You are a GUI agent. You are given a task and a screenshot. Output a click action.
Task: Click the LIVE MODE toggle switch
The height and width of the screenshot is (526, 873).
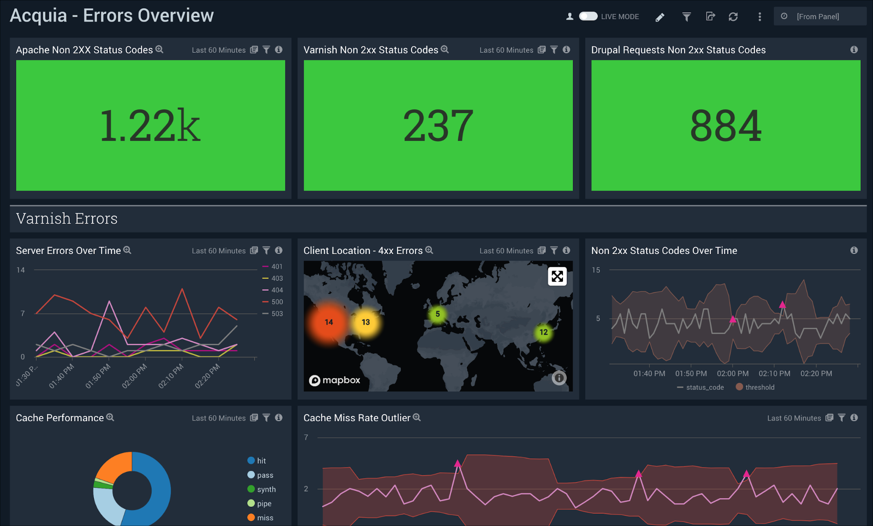pyautogui.click(x=588, y=16)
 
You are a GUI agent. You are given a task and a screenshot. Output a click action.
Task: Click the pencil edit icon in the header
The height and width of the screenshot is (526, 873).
pyautogui.click(x=660, y=17)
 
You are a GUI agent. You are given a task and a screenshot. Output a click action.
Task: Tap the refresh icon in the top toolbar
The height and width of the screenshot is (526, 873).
pyautogui.click(x=733, y=17)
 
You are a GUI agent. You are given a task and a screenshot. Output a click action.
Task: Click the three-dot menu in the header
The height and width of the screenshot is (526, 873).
pyautogui.click(x=759, y=17)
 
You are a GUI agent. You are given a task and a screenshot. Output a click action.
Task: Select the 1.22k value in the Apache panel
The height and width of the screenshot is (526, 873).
pyautogui.click(x=150, y=126)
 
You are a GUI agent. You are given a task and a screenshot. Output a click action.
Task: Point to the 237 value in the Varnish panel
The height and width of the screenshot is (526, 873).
pyautogui.click(x=438, y=126)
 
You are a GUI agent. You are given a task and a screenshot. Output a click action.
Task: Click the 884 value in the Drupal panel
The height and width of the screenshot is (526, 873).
pyautogui.click(x=725, y=126)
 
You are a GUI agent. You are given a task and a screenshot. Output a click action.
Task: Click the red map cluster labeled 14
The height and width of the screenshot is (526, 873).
pyautogui.click(x=329, y=322)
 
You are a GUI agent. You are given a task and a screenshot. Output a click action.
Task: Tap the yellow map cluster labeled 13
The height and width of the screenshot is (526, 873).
pyautogui.click(x=366, y=322)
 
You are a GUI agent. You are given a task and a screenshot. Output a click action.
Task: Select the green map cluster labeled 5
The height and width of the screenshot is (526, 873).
pyautogui.click(x=438, y=314)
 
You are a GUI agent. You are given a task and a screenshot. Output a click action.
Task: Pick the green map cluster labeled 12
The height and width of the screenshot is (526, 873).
pyautogui.click(x=543, y=332)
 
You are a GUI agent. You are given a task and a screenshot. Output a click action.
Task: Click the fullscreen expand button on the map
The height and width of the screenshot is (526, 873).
pyautogui.click(x=557, y=276)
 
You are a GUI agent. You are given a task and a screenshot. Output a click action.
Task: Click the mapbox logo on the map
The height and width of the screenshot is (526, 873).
pyautogui.click(x=335, y=380)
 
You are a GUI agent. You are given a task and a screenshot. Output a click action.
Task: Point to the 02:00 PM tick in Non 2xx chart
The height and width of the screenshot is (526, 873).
pyautogui.click(x=732, y=373)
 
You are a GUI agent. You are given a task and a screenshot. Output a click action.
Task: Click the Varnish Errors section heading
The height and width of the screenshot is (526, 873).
pyautogui.click(x=67, y=218)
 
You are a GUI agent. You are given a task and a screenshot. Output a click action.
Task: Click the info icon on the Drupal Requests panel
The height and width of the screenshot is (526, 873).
pyautogui.click(x=854, y=50)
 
